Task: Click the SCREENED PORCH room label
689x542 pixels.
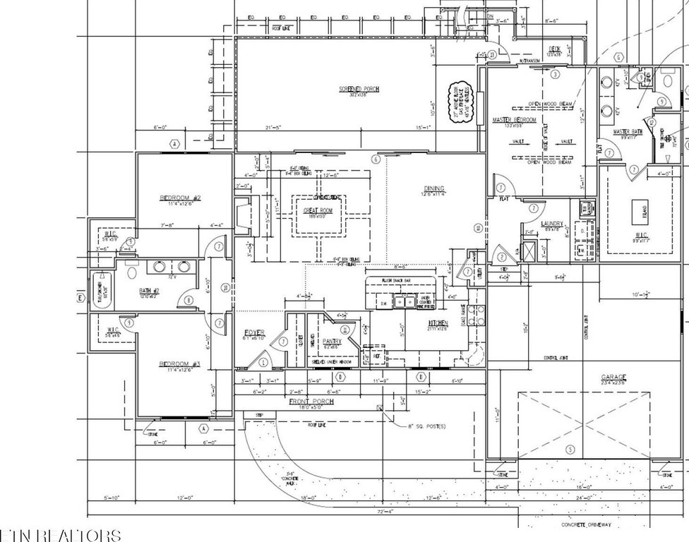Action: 359,89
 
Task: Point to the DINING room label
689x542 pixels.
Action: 433,188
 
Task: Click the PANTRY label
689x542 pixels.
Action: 332,342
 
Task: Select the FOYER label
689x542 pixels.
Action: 254,332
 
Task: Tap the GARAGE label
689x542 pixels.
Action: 613,378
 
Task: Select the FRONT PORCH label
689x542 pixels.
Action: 311,402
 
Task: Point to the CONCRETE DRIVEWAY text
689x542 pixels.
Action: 586,525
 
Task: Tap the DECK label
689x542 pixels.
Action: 556,49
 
